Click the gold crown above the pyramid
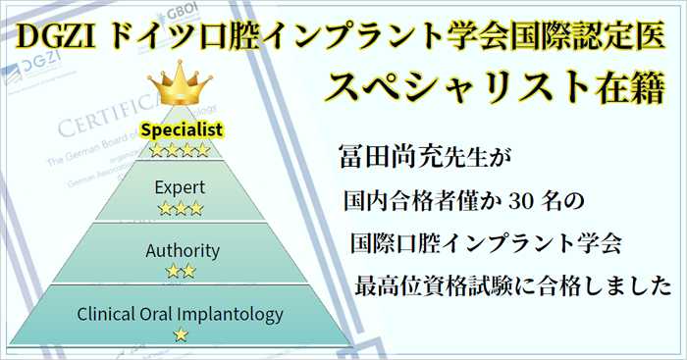click(x=181, y=87)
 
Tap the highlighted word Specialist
click(x=182, y=129)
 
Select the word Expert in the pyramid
click(x=181, y=186)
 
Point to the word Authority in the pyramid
click(x=182, y=250)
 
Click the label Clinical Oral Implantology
click(x=180, y=315)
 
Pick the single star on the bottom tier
click(x=181, y=335)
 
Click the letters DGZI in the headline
click(x=55, y=36)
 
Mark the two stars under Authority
click(x=181, y=271)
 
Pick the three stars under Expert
click(x=181, y=208)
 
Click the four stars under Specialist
click(x=182, y=150)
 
